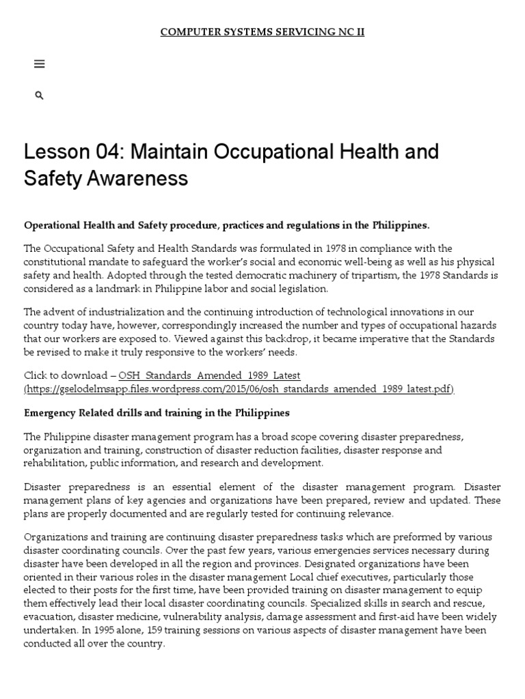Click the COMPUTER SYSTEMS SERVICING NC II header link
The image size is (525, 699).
tap(262, 32)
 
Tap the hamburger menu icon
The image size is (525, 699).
tap(39, 64)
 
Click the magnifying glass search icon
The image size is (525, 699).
tap(39, 96)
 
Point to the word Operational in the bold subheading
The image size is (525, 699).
tap(52, 225)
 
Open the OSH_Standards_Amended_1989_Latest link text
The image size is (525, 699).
tap(209, 375)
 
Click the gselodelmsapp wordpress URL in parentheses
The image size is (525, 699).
tap(239, 389)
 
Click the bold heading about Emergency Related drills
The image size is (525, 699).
tap(157, 413)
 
